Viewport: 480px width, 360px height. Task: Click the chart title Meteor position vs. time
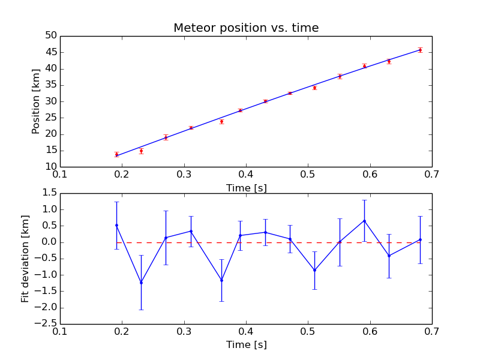(x=246, y=28)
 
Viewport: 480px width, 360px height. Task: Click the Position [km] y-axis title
(x=36, y=101)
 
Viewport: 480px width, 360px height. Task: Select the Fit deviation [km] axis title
(x=25, y=259)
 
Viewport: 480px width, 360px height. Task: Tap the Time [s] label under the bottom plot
(x=246, y=345)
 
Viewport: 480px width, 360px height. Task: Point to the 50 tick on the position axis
(x=50, y=36)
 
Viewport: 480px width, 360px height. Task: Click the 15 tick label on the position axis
(x=50, y=151)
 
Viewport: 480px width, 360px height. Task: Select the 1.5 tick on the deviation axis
(x=48, y=193)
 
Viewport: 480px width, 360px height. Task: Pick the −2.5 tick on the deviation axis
(x=46, y=324)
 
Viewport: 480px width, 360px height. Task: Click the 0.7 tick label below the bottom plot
(x=431, y=332)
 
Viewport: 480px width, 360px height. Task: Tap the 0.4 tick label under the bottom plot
(x=246, y=332)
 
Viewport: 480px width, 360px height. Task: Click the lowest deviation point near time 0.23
(x=141, y=283)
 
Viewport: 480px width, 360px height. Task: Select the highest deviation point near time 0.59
(x=364, y=220)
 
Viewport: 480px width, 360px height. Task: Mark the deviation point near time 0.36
(x=221, y=280)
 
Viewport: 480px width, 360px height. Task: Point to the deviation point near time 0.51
(x=314, y=270)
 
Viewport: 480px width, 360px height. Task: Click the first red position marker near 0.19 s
(x=116, y=154)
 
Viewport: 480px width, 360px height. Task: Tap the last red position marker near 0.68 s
(x=420, y=50)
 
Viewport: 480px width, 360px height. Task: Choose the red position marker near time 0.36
(x=221, y=121)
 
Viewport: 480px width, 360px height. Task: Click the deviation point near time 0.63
(x=389, y=256)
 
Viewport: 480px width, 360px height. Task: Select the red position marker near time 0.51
(x=314, y=88)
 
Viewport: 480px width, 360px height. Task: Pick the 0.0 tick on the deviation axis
(x=48, y=242)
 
